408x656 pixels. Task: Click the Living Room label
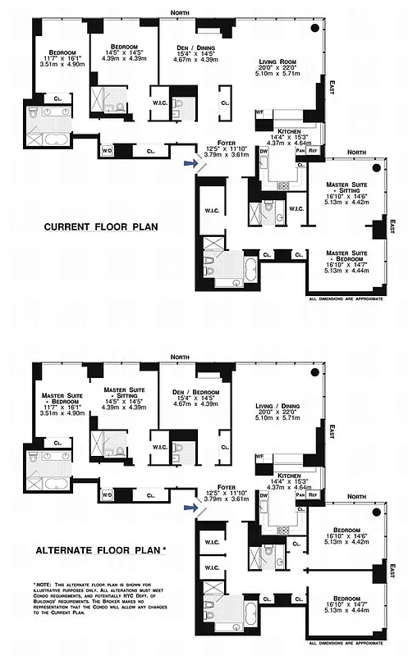(277, 62)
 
